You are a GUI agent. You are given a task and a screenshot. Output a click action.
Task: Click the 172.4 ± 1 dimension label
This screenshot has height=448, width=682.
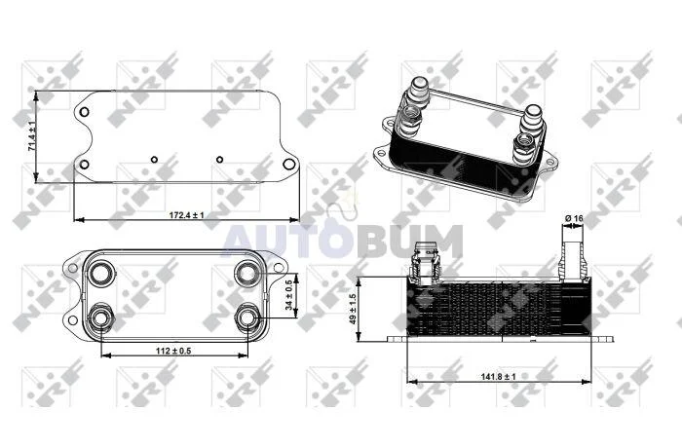click(x=187, y=215)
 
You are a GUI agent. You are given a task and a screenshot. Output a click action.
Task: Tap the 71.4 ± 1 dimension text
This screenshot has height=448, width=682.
click(x=32, y=136)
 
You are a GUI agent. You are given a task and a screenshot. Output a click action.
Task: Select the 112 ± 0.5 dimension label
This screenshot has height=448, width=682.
click(x=173, y=351)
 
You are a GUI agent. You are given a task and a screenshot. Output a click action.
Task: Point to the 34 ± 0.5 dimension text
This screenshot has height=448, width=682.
click(x=288, y=295)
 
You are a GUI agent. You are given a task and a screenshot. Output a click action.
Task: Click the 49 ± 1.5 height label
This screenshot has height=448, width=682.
click(x=353, y=309)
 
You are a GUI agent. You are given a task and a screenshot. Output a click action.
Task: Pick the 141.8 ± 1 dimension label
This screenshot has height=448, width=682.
click(x=498, y=376)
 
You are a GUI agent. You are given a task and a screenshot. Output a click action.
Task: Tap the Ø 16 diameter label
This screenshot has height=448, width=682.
click(x=574, y=218)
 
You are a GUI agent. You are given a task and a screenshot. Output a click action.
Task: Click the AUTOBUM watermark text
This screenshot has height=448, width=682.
click(x=342, y=241)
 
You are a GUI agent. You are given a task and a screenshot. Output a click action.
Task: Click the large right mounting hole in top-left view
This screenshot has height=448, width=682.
click(x=288, y=164)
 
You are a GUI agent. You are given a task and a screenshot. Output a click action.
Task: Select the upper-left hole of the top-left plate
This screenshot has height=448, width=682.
click(x=85, y=112)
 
